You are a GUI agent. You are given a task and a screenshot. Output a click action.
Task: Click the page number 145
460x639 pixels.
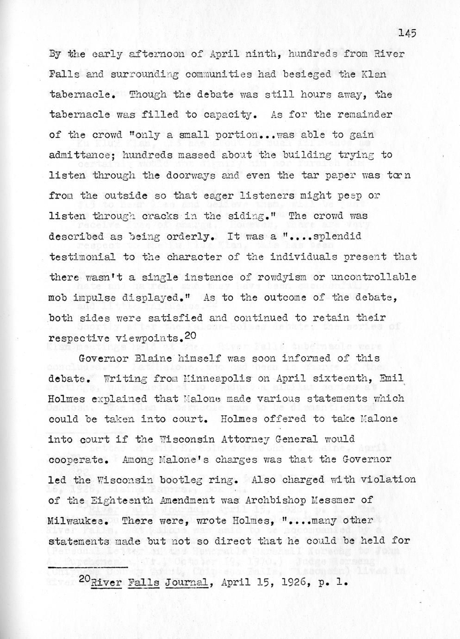click(x=407, y=33)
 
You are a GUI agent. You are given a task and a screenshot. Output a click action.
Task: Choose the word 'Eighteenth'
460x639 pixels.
click(x=118, y=500)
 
